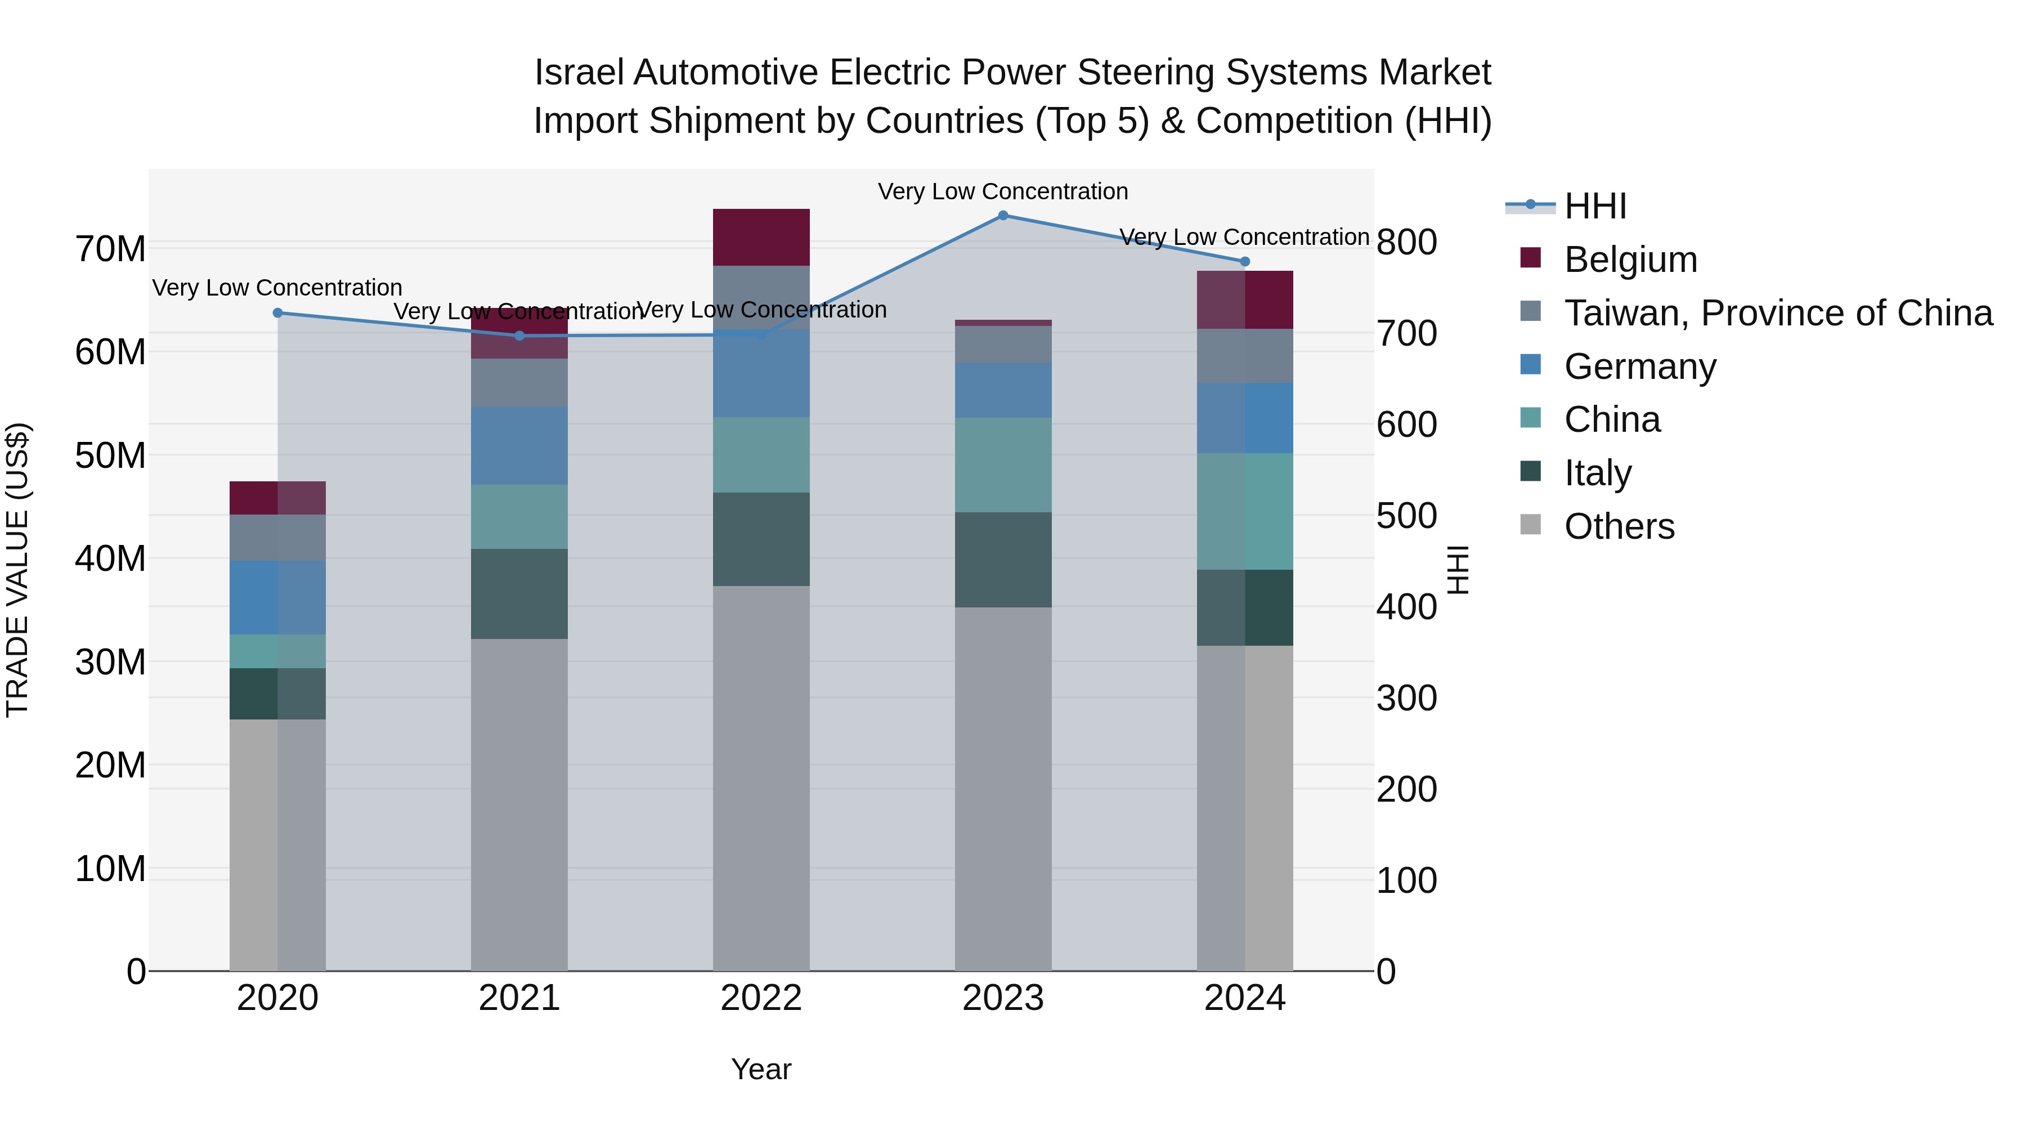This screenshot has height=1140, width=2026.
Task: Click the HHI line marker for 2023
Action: click(1003, 216)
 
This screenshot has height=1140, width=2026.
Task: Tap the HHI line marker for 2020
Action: click(277, 313)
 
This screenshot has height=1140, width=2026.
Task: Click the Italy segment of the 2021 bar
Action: click(519, 593)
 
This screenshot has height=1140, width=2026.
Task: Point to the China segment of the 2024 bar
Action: click(1244, 511)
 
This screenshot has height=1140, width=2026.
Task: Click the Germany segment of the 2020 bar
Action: click(277, 597)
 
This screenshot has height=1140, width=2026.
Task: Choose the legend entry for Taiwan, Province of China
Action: click(1777, 313)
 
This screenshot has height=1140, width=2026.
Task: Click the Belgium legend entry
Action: click(1630, 260)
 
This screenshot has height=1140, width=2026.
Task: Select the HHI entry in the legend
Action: click(1594, 206)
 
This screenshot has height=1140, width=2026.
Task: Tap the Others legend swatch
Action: click(1531, 525)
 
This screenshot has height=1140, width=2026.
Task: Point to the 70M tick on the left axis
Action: click(110, 249)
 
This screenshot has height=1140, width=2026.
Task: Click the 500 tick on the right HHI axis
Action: click(1406, 516)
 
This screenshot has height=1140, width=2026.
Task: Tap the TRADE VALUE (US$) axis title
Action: click(17, 570)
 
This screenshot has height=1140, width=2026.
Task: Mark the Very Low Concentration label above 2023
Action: click(1003, 191)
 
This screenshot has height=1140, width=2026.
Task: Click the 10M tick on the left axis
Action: click(110, 869)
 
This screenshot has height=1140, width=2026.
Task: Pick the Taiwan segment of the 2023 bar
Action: click(1003, 344)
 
